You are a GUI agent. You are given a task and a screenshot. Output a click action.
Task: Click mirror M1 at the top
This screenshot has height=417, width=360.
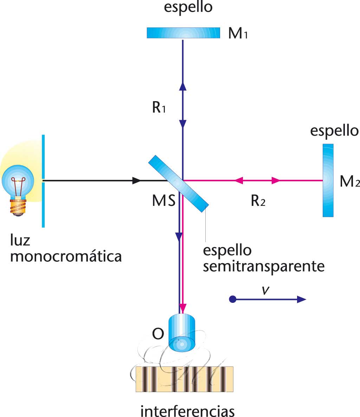pos(183,33)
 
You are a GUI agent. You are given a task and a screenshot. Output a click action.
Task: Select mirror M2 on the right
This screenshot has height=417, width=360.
pos(328,180)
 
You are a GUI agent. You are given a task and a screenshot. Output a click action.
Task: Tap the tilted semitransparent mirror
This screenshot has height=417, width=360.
pos(178,184)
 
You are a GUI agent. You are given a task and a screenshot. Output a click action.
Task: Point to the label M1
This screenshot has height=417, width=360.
pos(238,34)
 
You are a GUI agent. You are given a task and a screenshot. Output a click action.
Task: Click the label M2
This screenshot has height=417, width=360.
pos(349,182)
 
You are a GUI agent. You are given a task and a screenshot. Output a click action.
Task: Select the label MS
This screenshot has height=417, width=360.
pos(164,201)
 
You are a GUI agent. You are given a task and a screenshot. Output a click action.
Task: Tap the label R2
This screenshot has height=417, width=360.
pos(258,201)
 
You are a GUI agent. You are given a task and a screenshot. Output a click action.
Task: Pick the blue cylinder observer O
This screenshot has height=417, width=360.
pos(182,332)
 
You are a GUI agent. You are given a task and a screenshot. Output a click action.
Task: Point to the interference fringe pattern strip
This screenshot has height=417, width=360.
pos(184,379)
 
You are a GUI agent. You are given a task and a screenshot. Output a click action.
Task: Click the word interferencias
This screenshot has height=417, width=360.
pos(187,410)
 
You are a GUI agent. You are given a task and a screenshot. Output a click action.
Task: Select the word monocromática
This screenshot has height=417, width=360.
pos(66,256)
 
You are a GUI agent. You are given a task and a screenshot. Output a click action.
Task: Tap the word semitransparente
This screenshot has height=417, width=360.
pos(264,266)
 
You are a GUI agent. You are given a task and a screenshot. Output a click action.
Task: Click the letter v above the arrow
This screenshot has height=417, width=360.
pos(266,290)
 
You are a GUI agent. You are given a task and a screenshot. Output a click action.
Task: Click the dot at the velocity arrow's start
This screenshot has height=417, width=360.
pos(232,299)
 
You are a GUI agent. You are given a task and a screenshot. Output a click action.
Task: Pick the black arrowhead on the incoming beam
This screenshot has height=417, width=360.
pos(136,181)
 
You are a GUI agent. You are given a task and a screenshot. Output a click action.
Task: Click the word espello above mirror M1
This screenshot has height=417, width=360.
pos(188,7)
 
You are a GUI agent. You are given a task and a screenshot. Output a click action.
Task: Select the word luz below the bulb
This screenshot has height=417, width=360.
pos(20,240)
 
